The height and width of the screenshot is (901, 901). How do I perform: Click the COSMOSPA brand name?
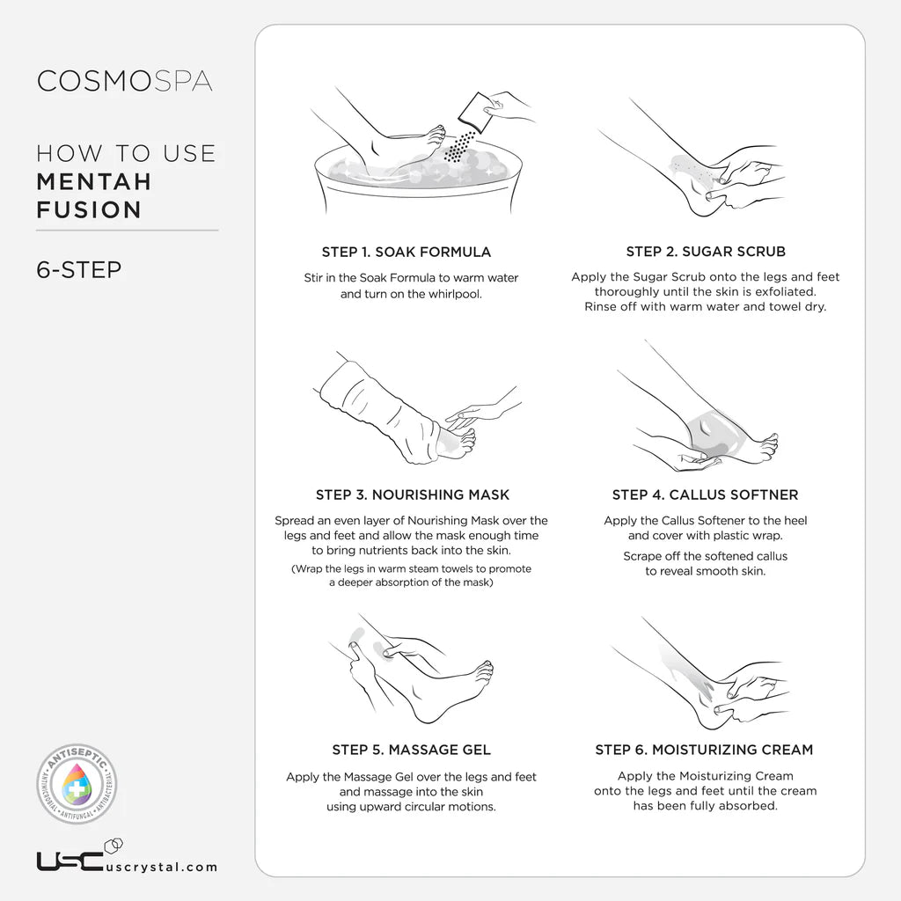[125, 81]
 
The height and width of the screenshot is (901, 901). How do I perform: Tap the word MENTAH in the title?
[94, 182]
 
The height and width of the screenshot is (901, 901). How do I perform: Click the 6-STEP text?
[79, 269]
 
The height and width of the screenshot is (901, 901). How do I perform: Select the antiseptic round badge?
[77, 784]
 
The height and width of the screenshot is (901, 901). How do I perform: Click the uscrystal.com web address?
[162, 867]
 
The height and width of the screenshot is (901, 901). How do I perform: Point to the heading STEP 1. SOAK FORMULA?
[407, 253]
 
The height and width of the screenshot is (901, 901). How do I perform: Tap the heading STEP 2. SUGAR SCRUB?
[706, 252]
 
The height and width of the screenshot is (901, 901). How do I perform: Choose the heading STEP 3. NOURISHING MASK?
[413, 494]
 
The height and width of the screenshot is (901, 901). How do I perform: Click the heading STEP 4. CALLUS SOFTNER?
[705, 494]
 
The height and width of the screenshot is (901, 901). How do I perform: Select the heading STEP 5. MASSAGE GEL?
[412, 750]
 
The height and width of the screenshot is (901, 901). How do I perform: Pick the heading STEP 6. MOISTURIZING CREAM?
[705, 750]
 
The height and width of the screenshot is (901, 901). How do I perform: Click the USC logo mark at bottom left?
[70, 861]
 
